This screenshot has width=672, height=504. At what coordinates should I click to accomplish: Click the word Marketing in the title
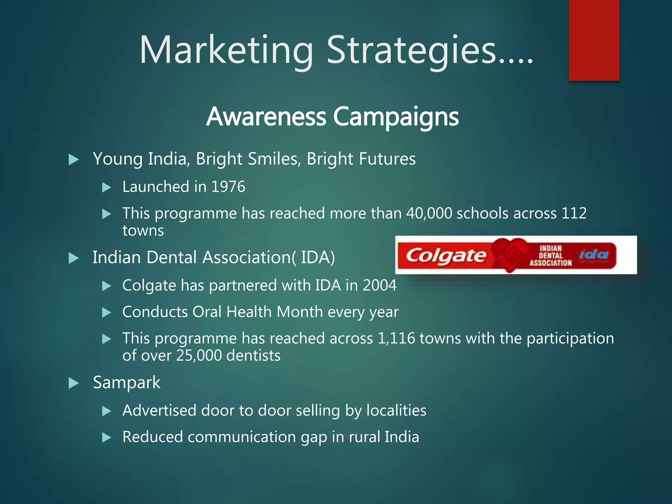tap(226, 50)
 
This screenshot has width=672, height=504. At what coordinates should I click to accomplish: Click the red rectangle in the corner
tap(594, 40)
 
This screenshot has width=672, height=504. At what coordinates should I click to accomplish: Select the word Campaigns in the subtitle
tap(396, 117)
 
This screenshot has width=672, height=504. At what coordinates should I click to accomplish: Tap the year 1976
tap(228, 187)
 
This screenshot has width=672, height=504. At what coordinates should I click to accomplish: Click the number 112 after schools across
tap(574, 213)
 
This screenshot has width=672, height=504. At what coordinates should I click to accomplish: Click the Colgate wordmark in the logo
tap(446, 256)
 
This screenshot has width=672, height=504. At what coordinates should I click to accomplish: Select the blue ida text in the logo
tap(594, 254)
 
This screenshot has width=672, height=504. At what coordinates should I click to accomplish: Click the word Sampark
tap(127, 383)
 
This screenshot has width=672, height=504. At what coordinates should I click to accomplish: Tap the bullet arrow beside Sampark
tap(73, 383)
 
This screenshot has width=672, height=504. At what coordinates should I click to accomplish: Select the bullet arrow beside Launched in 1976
tap(107, 187)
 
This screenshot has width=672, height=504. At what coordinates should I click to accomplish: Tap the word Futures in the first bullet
tap(387, 159)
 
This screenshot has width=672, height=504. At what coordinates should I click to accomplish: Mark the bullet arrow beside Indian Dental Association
tap(73, 258)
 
